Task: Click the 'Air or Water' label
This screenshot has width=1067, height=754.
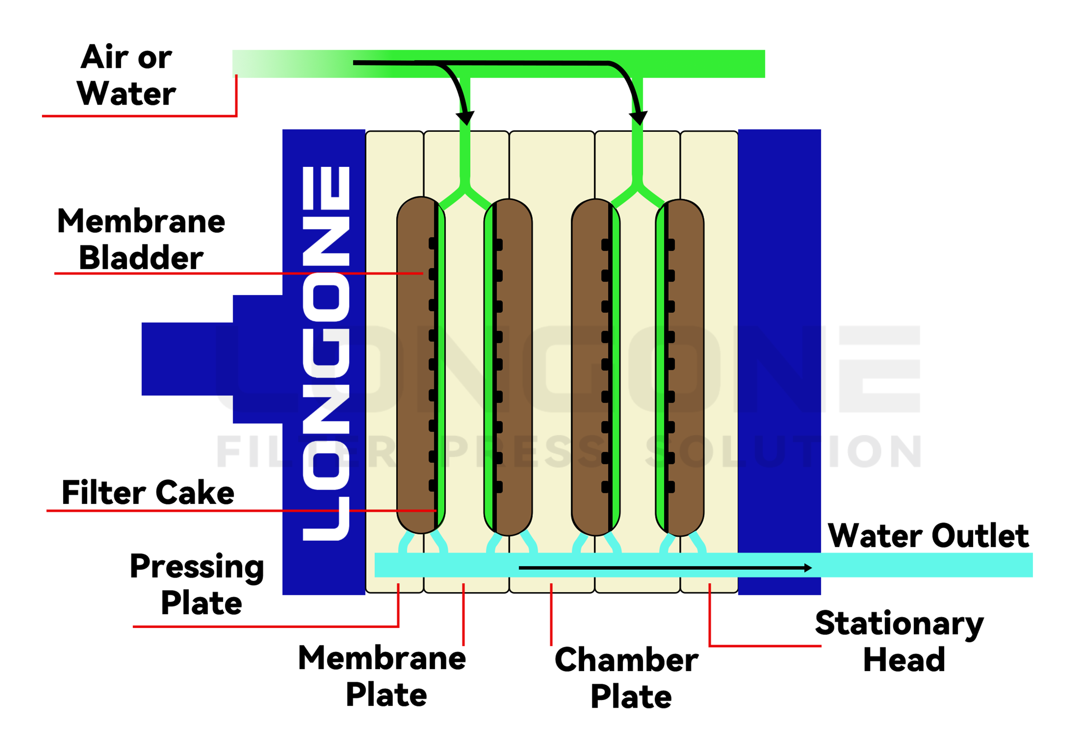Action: (x=127, y=75)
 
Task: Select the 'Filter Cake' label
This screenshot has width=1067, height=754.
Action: (x=148, y=493)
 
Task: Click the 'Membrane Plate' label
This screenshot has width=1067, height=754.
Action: (x=382, y=676)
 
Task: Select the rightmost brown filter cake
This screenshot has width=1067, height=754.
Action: (x=686, y=367)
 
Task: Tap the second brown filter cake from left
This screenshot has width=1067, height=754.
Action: (x=513, y=367)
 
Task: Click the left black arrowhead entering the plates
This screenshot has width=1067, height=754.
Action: (x=465, y=118)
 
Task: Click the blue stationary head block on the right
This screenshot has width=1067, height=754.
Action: (x=779, y=325)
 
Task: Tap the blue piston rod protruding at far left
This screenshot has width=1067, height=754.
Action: (x=186, y=359)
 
